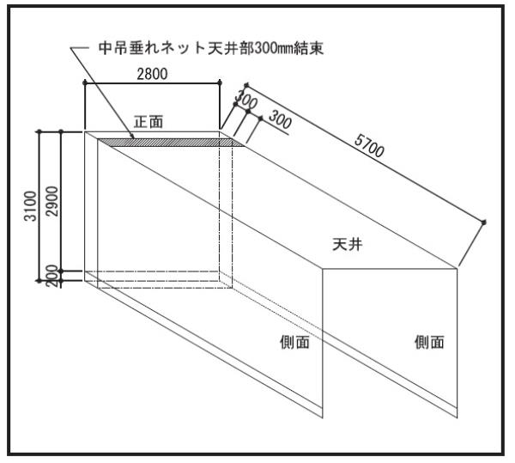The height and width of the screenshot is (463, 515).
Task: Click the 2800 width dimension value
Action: [x=152, y=74]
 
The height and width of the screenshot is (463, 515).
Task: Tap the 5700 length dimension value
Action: [x=369, y=146]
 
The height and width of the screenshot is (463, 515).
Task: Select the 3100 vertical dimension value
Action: [x=30, y=206]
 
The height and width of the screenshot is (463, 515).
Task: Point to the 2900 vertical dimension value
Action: [x=51, y=201]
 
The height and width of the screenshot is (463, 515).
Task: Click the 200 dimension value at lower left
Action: [x=51, y=277]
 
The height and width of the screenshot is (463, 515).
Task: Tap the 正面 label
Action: [x=148, y=122]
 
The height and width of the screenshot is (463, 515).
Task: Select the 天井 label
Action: [x=348, y=245]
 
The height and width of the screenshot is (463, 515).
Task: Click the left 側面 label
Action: [x=294, y=342]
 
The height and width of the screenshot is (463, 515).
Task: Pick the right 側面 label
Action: [x=429, y=342]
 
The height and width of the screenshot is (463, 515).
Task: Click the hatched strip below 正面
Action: [x=171, y=143]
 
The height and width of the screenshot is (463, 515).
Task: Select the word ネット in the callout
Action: [x=182, y=48]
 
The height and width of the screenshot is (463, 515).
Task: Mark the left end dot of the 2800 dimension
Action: [x=85, y=82]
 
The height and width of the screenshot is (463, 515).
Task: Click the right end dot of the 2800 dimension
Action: [x=220, y=82]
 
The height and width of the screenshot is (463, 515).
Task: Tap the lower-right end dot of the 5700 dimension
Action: [x=483, y=222]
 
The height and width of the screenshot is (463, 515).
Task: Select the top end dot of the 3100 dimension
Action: [x=39, y=131]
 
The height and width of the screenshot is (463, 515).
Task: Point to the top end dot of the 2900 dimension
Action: [x=61, y=131]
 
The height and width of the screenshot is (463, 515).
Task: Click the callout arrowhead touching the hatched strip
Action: [x=133, y=137]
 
